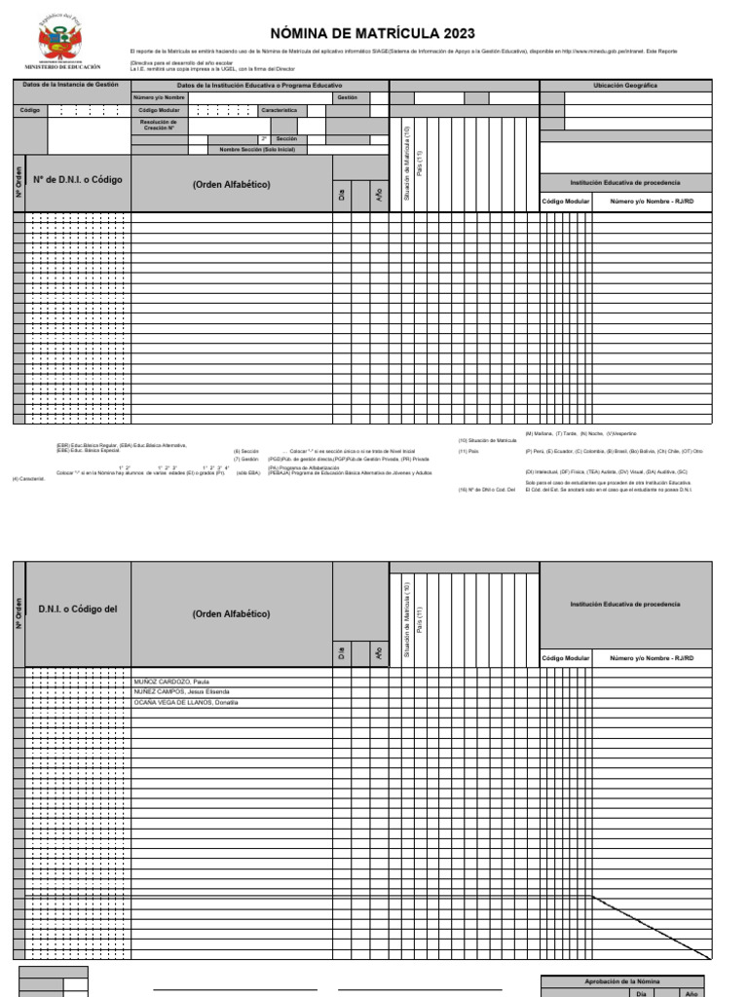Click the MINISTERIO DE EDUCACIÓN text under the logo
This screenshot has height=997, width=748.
(69, 67)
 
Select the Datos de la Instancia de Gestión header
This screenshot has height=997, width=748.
(70, 85)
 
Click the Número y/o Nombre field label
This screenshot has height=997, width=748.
(159, 98)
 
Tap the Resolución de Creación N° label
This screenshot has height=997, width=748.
(159, 125)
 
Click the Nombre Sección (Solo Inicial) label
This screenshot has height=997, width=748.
(256, 150)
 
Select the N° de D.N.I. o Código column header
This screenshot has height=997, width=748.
(78, 180)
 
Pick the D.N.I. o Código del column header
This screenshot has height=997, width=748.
(78, 609)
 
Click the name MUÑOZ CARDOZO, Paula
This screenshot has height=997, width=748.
(172, 683)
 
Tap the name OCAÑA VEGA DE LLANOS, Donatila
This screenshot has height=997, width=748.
(186, 702)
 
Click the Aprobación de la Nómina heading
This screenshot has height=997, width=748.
(620, 982)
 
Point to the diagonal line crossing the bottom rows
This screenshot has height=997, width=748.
(650, 925)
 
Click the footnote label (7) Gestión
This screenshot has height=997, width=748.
(245, 459)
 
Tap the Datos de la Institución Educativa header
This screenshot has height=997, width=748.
(259, 86)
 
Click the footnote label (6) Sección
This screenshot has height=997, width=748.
(245, 451)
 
